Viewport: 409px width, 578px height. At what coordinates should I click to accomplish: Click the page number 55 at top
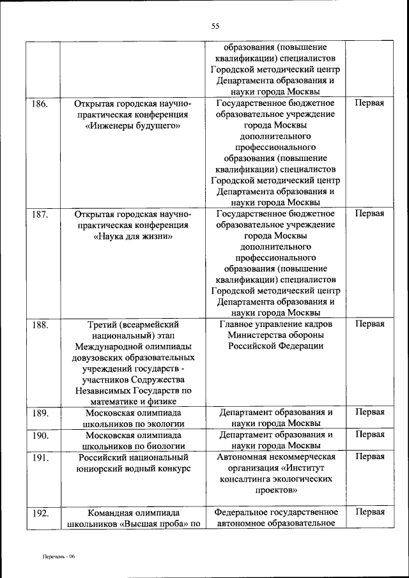215,26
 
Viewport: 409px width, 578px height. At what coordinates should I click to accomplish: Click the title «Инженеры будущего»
134,126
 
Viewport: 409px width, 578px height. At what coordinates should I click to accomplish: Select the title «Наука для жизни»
134,236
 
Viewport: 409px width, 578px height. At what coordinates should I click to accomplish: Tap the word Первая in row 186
369,103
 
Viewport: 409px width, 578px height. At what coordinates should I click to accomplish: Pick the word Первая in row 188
369,324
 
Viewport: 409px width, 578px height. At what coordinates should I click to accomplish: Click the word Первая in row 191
369,457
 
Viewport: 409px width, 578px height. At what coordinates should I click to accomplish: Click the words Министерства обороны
275,335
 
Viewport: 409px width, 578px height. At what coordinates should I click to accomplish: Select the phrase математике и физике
134,401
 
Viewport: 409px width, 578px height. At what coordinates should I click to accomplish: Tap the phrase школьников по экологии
134,424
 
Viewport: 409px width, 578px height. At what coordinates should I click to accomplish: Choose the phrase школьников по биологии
134,446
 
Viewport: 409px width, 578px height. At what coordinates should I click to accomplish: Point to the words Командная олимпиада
134,512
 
